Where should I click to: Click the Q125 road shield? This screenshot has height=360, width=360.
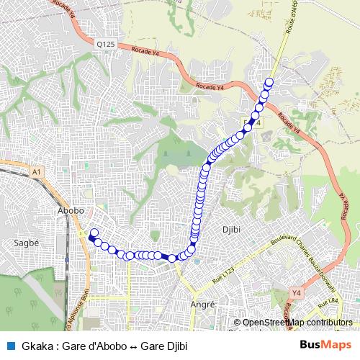pyautogui.click(x=106, y=45)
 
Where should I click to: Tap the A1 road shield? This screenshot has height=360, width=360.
pyautogui.click(x=37, y=172)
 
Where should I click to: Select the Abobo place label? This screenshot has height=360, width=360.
pyautogui.click(x=71, y=210)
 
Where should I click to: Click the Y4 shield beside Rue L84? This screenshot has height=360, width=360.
pyautogui.click(x=295, y=293)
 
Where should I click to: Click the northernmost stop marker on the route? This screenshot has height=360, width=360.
pyautogui.click(x=270, y=81)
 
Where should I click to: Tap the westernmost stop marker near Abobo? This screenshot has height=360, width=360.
pyautogui.click(x=92, y=233)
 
